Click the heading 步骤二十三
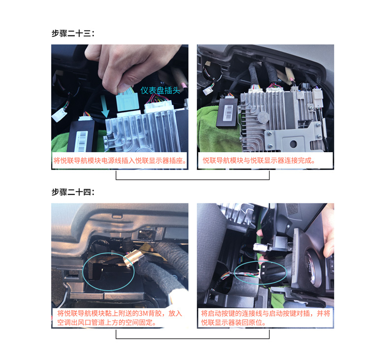(73, 33)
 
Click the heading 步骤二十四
(73, 192)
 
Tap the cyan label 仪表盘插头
(160, 90)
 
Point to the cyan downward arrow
(104, 106)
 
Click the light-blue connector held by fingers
(128, 101)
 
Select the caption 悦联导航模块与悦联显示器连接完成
(259, 161)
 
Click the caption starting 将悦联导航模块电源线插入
(120, 161)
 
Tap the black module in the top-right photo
(228, 113)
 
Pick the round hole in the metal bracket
(293, 144)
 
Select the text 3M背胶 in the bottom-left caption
(150, 313)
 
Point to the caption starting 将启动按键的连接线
(266, 318)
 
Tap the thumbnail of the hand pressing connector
(120, 107)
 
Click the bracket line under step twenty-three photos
(192, 180)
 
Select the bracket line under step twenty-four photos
(192, 338)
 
